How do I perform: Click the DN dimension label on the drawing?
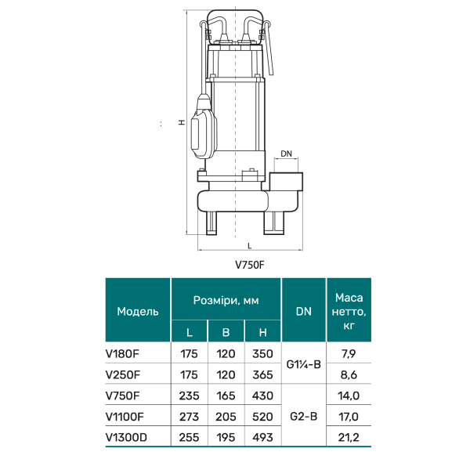pos(286,154)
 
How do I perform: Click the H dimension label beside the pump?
pos(182,122)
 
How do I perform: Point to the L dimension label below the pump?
pos(249,246)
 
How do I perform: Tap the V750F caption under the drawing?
pos(250,265)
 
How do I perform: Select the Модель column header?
pos(138,312)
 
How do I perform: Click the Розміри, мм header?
pos(226,300)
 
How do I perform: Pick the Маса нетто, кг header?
pos(349,312)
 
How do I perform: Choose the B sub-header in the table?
pos(226,332)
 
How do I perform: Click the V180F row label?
pos(122,354)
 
